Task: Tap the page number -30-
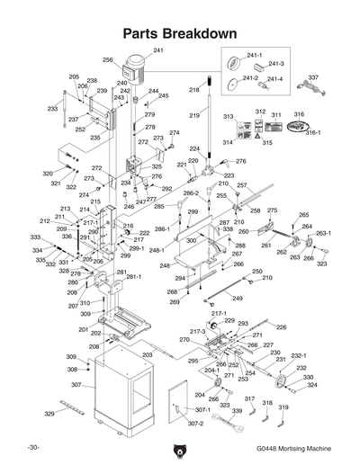pyautogui.click(x=34, y=448)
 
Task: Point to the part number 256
pyautogui.click(x=108, y=60)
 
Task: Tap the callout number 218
pyautogui.click(x=193, y=90)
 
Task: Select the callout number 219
pyautogui.click(x=193, y=116)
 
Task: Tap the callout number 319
pyautogui.click(x=283, y=408)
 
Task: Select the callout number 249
pyautogui.click(x=238, y=298)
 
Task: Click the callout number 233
pyautogui.click(x=52, y=109)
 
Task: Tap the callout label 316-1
pyautogui.click(x=313, y=132)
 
